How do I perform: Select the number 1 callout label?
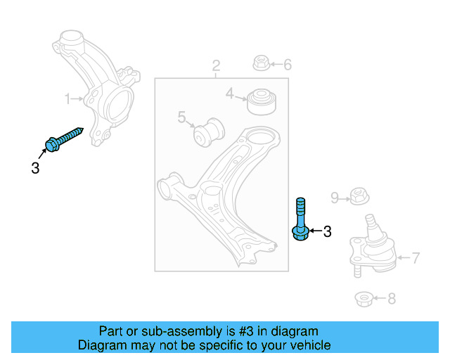[68, 100]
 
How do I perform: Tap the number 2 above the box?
[217, 66]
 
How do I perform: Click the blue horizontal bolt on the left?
[65, 138]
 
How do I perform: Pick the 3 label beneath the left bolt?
[35, 168]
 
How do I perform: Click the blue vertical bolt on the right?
[300, 219]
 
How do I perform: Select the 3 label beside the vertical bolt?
[326, 231]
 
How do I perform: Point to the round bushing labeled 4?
[262, 100]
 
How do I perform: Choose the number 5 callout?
[181, 117]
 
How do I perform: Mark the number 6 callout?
[287, 65]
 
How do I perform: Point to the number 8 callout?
[391, 300]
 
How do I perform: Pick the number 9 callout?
[335, 197]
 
